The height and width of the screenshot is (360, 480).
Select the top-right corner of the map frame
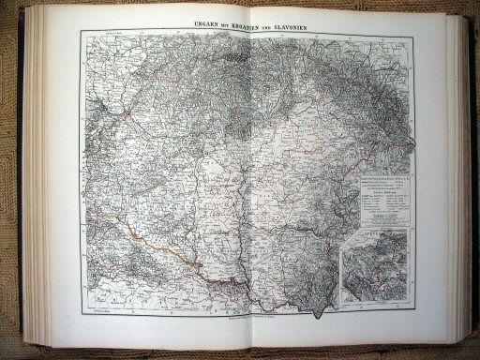pyautogui.click(x=413, y=36)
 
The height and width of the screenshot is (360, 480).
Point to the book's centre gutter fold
pyautogui.click(x=246, y=187)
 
